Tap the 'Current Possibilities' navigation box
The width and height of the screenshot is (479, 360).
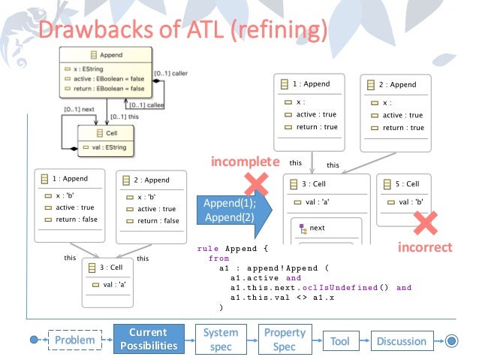[148, 340]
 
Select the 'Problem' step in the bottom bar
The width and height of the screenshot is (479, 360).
[74, 340]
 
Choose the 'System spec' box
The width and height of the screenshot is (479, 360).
[221, 340]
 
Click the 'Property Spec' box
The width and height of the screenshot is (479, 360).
[285, 340]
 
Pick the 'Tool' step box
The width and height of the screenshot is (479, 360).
[339, 340]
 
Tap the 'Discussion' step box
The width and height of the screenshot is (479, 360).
[401, 340]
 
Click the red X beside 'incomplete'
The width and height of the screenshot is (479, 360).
[257, 183]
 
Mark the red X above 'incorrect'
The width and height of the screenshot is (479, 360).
[426, 221]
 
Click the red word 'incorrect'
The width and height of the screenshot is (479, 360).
[425, 247]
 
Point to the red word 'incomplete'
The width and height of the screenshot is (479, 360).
[245, 162]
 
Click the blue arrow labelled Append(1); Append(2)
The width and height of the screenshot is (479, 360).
[231, 209]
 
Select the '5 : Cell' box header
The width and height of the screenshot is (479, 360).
[408, 184]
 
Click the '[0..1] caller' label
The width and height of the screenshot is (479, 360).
[172, 73]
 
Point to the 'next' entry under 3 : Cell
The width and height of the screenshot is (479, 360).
[316, 227]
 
